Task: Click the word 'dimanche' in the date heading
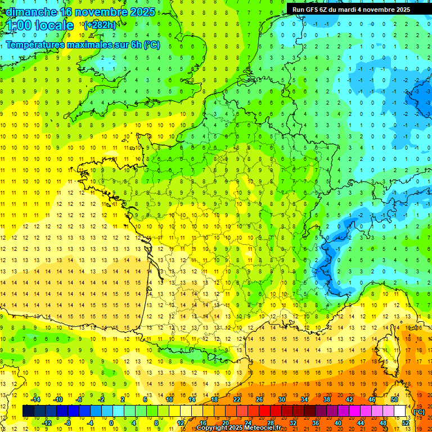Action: point(28,12)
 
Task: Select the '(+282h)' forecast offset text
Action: point(100,25)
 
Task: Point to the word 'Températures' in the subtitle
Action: point(36,45)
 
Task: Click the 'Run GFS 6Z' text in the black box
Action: point(311,10)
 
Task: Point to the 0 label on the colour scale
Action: point(112,423)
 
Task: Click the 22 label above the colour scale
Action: point(237,399)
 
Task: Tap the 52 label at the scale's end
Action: point(406,423)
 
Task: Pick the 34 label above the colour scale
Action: point(304,399)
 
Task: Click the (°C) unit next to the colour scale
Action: point(419,412)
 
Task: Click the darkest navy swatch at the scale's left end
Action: point(28,411)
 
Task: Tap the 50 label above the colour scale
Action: point(394,399)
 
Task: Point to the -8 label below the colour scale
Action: point(68,423)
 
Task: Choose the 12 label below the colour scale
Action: point(181,423)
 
